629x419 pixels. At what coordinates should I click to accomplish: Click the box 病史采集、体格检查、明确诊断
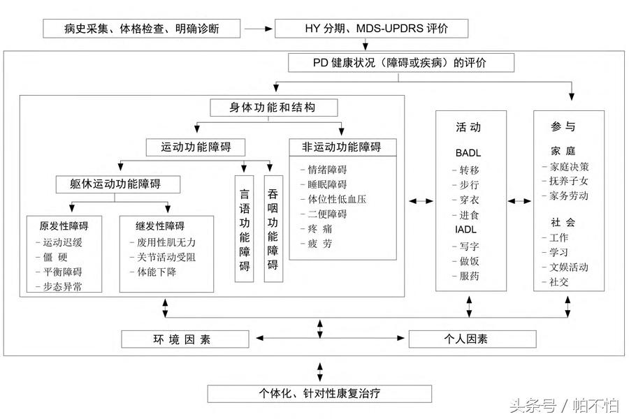(142, 29)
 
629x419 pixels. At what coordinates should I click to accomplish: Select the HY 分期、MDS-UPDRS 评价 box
(371, 29)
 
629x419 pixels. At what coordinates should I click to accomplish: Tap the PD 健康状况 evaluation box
(401, 63)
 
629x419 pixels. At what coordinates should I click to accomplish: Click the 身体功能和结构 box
(274, 108)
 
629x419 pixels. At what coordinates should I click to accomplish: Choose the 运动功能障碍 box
(198, 147)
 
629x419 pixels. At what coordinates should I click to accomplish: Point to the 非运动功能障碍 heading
(342, 147)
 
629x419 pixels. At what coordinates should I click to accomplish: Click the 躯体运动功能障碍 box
(118, 184)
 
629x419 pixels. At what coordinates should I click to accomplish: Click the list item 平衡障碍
(63, 272)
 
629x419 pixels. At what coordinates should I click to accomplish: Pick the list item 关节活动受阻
(162, 257)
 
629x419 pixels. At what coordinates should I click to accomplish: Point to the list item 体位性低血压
(337, 199)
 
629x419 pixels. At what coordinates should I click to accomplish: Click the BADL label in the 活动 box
(468, 152)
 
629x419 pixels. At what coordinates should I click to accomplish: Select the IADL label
(467, 229)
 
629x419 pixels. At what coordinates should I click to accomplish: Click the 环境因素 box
(185, 339)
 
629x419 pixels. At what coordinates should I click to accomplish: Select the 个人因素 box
(472, 339)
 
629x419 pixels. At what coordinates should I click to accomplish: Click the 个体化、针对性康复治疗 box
(319, 393)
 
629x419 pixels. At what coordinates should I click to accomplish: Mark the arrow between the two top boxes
(258, 29)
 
